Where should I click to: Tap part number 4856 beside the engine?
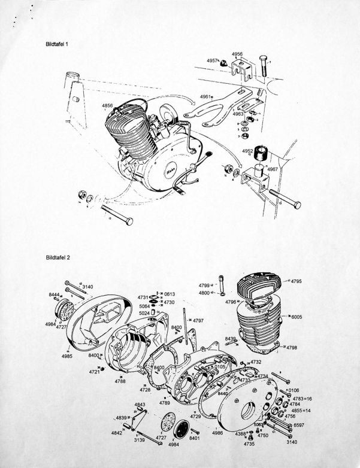tap(108, 105)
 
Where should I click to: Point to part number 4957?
tap(212, 60)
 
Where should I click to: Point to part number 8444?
tap(56, 294)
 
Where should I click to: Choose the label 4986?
tap(217, 432)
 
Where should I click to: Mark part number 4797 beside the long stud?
tap(199, 320)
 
